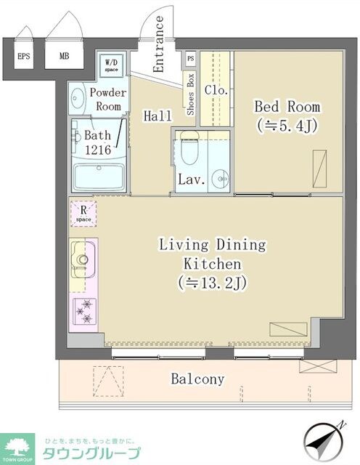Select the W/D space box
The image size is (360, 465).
pos(112,66)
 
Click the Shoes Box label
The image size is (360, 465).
pos(191,94)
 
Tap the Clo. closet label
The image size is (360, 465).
pos(216,91)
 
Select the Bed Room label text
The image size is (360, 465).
pos(286,107)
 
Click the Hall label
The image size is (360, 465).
pos(157,116)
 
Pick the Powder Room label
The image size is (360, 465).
pos(107,100)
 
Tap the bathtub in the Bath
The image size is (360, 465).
pos(99,177)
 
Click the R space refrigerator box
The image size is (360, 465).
pos(83,213)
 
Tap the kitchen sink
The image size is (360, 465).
pos(82,256)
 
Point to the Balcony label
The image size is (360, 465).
pos(197,379)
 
